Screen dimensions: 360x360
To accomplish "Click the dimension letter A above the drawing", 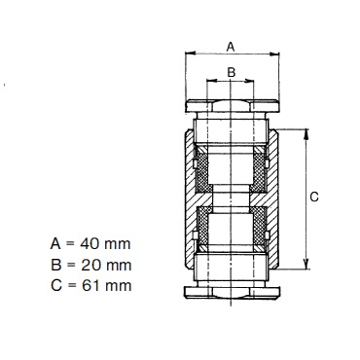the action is pyautogui.click(x=230, y=47).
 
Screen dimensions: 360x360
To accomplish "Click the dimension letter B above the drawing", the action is pyautogui.click(x=231, y=72).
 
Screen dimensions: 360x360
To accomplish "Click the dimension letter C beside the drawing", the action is pyautogui.click(x=314, y=197).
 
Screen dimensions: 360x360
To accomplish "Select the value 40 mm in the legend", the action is pyautogui.click(x=105, y=243).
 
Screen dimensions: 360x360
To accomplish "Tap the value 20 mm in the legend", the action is pyautogui.click(x=106, y=265).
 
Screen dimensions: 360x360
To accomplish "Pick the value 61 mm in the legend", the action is pyautogui.click(x=106, y=286).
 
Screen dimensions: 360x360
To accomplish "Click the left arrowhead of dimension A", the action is pyautogui.click(x=190, y=54).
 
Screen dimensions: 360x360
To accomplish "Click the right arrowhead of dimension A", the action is pyautogui.click(x=274, y=54).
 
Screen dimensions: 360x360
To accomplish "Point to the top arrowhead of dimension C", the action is pyautogui.click(x=306, y=133).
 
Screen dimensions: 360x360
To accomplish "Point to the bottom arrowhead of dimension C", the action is pyautogui.click(x=306, y=265).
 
